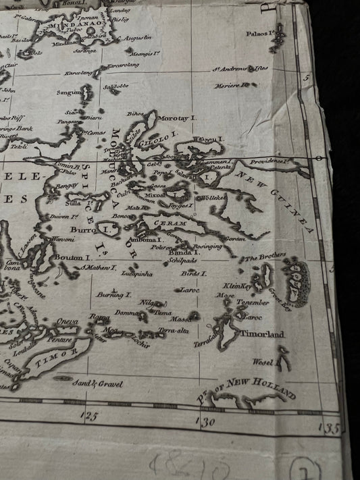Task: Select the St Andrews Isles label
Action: [x=240, y=69]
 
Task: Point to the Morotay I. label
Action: [x=178, y=117]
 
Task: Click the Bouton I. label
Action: [x=72, y=257]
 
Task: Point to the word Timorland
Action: [x=263, y=334]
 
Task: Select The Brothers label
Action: [x=265, y=257]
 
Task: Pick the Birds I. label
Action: [x=194, y=273]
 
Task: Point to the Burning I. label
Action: [x=113, y=295]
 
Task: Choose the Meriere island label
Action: [x=229, y=86]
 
